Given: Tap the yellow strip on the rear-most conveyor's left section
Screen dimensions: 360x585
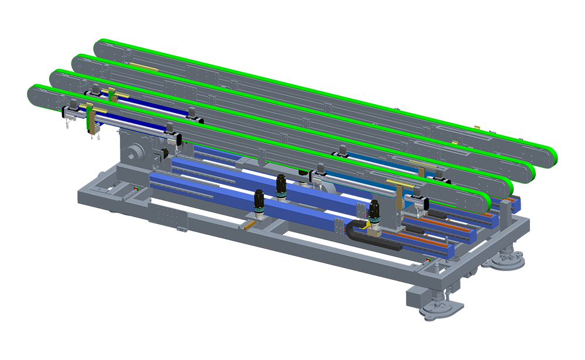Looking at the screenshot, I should coord(143,67).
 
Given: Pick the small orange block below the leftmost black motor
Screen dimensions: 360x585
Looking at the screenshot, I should coord(250,224).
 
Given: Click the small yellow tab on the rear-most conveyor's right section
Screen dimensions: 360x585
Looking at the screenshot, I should coord(454,142).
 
